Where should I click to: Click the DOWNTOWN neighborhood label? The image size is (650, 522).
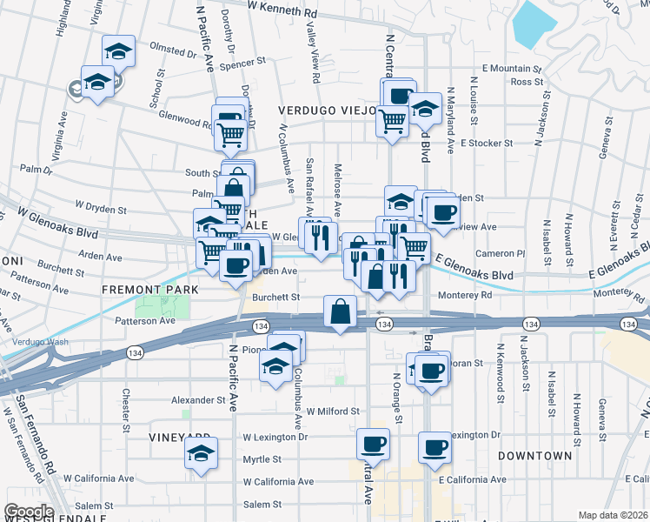535,456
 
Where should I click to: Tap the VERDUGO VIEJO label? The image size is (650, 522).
326,110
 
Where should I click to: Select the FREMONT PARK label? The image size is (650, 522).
150,289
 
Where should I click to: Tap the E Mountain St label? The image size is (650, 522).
513,68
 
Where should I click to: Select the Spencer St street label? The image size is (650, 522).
242,64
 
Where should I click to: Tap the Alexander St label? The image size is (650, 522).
197,400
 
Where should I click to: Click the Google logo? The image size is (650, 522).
28,512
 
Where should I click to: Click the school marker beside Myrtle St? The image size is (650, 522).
202,453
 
